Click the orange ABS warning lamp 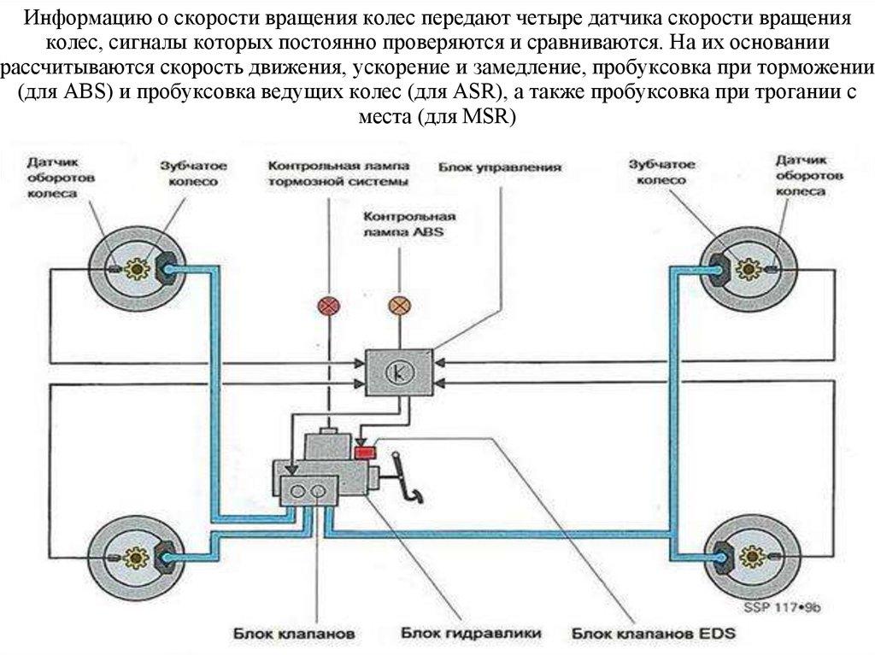point(399,305)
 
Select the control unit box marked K point(398,371)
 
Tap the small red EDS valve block point(366,450)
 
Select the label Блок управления point(500,168)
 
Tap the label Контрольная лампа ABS point(408,225)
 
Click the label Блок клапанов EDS point(647,635)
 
